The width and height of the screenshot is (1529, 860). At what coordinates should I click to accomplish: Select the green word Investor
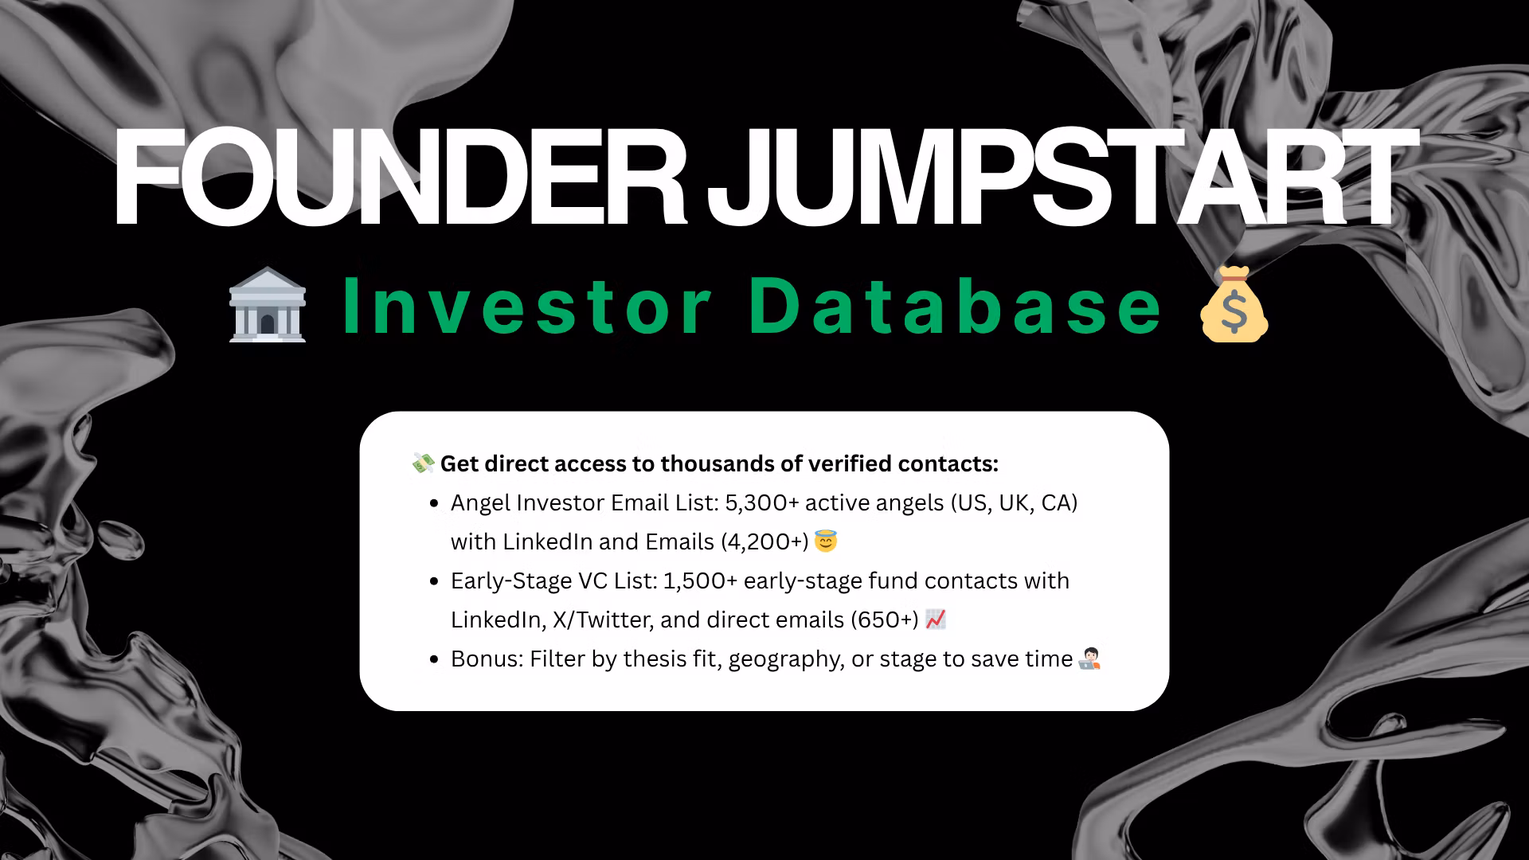click(x=527, y=307)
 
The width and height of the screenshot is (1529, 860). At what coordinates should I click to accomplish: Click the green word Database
click(x=955, y=307)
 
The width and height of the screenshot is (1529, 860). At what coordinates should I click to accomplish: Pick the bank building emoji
click(x=268, y=306)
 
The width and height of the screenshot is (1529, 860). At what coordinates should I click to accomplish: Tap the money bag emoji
click(x=1234, y=306)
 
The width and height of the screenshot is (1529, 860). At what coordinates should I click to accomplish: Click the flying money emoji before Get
click(x=423, y=463)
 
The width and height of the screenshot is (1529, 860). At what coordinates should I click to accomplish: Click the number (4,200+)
click(x=764, y=542)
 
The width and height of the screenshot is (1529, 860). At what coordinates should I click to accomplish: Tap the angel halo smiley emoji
click(x=826, y=542)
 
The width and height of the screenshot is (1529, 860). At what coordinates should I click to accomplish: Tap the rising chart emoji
click(x=936, y=620)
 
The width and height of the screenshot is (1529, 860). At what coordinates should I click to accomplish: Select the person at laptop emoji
click(x=1089, y=659)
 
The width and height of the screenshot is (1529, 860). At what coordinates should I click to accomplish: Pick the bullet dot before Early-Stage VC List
click(x=434, y=582)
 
